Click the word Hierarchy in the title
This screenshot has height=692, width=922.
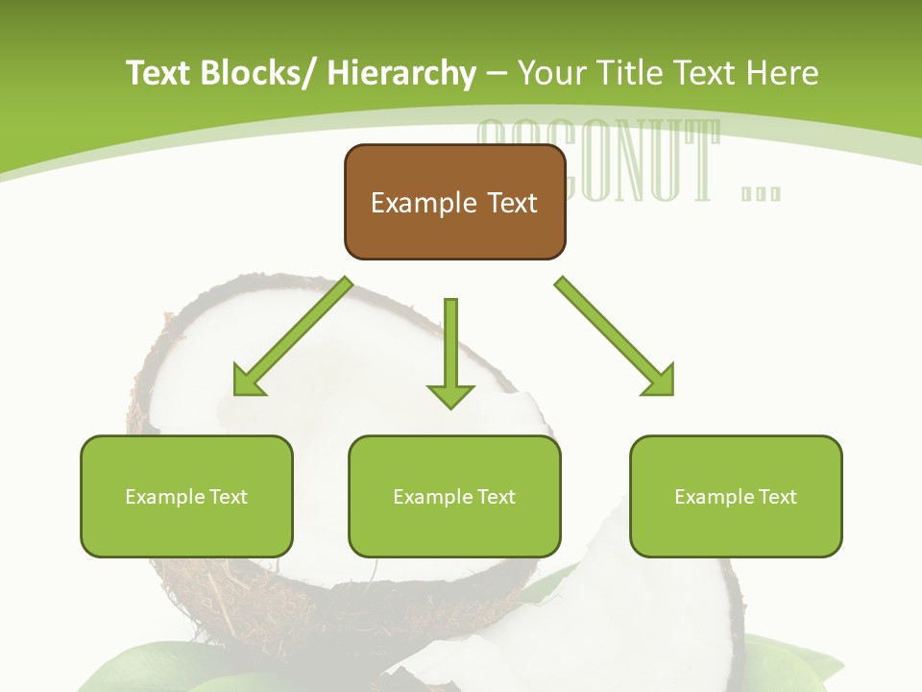tap(401, 73)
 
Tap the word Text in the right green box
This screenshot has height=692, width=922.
tap(777, 497)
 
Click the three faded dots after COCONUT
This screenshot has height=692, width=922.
tap(762, 193)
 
